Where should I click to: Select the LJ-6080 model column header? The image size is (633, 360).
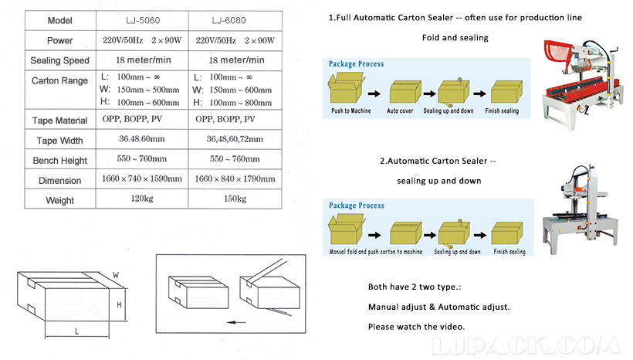click(x=236, y=20)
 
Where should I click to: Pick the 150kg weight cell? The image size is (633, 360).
click(x=235, y=199)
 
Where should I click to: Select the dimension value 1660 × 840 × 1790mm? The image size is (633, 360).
click(x=235, y=179)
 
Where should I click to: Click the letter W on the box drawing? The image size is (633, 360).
click(x=116, y=274)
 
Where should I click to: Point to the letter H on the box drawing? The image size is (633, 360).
click(x=118, y=304)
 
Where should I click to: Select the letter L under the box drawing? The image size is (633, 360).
click(x=76, y=331)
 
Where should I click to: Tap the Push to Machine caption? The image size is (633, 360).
click(x=351, y=111)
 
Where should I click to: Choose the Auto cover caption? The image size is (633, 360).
click(x=405, y=111)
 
